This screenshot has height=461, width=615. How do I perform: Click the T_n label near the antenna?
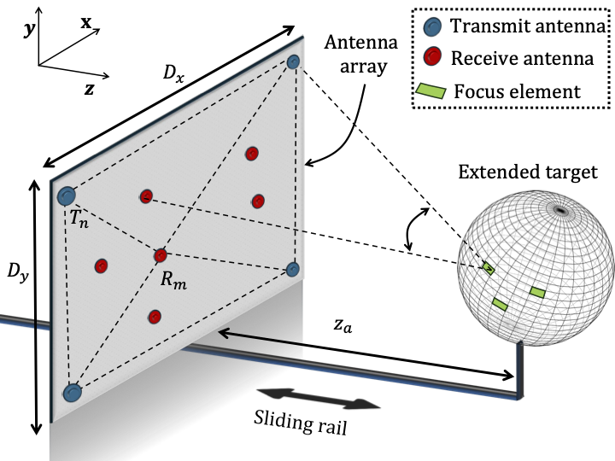[79, 219]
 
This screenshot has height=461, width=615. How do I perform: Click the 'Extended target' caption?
[527, 174]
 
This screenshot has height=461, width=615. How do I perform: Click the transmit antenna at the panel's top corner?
[293, 61]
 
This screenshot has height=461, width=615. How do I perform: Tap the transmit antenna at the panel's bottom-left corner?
[73, 393]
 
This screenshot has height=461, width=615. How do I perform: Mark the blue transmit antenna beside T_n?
[67, 196]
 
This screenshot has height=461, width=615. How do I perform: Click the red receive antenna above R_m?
[161, 255]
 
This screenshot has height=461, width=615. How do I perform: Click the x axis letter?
[86, 24]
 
